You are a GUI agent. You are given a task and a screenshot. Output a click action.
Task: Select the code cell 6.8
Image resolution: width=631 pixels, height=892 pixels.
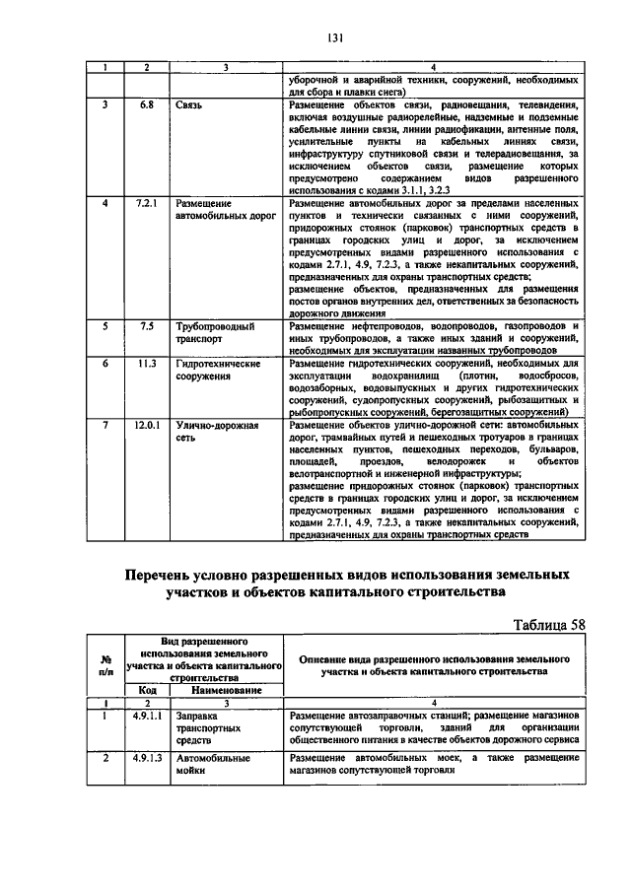pyautogui.click(x=146, y=103)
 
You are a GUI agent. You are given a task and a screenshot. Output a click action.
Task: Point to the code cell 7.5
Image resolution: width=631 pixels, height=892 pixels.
pyautogui.click(x=146, y=325)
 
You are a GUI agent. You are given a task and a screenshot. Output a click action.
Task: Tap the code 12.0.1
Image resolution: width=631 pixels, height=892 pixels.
pyautogui.click(x=146, y=426)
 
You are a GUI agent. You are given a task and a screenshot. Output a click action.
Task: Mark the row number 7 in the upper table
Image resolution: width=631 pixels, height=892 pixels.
pyautogui.click(x=106, y=426)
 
